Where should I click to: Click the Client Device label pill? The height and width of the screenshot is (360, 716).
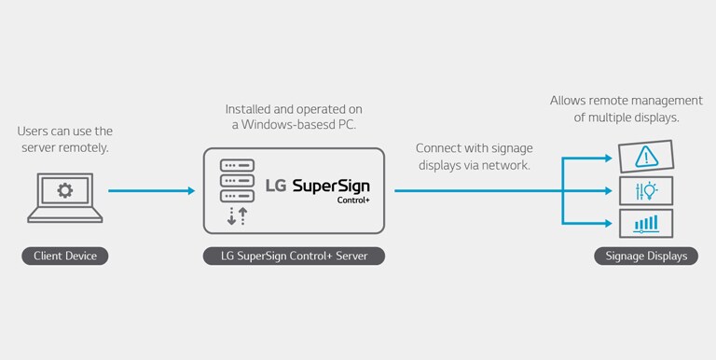pyautogui.click(x=64, y=256)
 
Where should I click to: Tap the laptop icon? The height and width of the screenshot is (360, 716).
pyautogui.click(x=64, y=197)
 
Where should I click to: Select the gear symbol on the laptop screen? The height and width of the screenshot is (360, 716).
pyautogui.click(x=64, y=190)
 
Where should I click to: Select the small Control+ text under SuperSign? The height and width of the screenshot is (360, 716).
pyautogui.click(x=353, y=200)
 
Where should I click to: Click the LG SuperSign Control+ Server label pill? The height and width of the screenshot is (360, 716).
pyautogui.click(x=293, y=256)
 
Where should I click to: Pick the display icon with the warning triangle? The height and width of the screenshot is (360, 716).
pyautogui.click(x=645, y=157)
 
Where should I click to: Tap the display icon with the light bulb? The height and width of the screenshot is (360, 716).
pyautogui.click(x=645, y=191)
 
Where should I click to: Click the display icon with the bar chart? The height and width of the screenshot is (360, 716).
pyautogui.click(x=645, y=224)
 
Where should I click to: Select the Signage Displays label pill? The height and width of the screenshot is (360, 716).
pyautogui.click(x=646, y=256)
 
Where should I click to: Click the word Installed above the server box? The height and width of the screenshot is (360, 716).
pyautogui.click(x=249, y=108)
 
